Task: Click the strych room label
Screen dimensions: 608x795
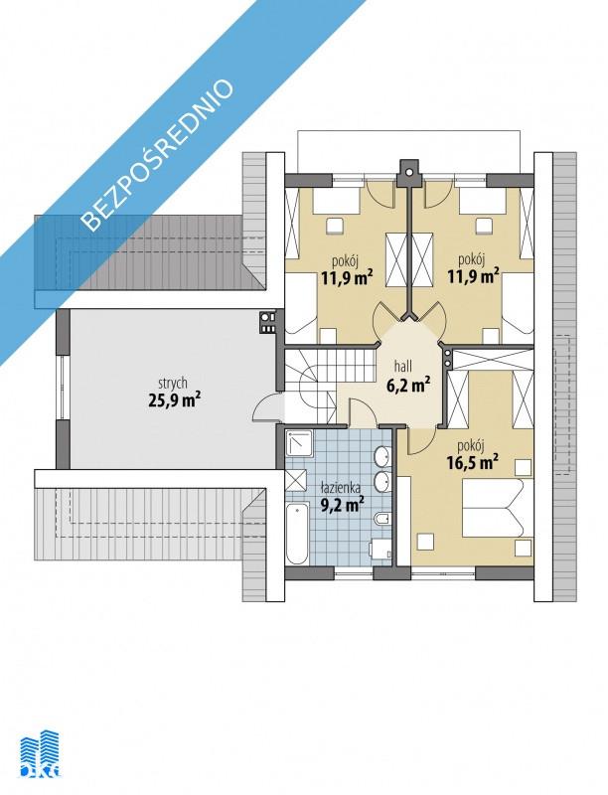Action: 172,383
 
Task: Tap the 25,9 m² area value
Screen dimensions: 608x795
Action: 173,401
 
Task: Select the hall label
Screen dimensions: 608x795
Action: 403,365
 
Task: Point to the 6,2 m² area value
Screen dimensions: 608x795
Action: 409,385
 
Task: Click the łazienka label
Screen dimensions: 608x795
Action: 341,488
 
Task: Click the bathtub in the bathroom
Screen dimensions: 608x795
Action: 297,534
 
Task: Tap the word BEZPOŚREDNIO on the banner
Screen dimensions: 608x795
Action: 158,155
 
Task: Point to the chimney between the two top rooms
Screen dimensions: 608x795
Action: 408,173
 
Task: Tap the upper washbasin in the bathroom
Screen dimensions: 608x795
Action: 381,456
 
